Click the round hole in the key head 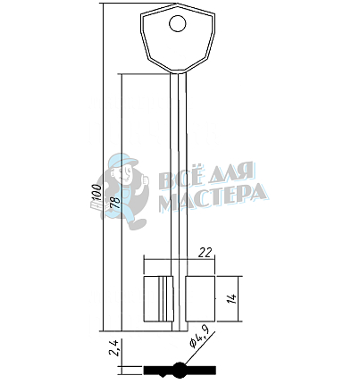coord(178,23)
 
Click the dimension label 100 coord(96,193)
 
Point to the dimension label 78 coord(115,203)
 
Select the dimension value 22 coord(206,253)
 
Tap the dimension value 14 coord(231,298)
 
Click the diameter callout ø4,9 coord(199,337)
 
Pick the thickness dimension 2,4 coord(114,347)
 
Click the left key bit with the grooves coord(158,298)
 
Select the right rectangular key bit coord(200,298)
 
